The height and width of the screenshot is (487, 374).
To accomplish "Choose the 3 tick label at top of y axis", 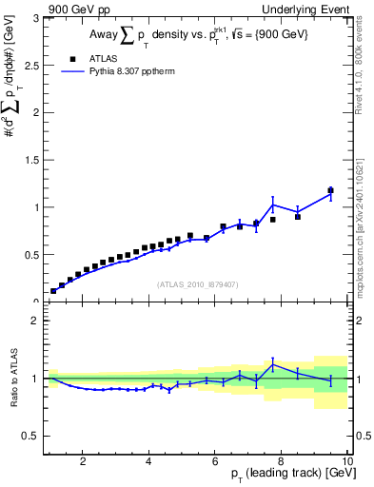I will (36, 18).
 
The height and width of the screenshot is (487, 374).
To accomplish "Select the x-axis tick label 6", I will (214, 462).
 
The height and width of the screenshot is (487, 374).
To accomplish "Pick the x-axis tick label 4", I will (148, 462).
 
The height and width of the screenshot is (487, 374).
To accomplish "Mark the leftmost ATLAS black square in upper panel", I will (53, 291).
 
